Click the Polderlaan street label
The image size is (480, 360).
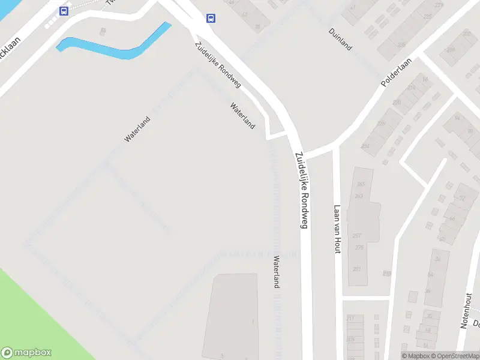click(397, 71)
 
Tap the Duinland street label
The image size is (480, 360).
click(340, 39)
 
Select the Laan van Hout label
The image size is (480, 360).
click(337, 229)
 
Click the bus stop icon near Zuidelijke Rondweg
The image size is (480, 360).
click(211, 19)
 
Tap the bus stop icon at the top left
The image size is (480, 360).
click(64, 11)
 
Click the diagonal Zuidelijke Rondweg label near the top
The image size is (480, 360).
click(217, 65)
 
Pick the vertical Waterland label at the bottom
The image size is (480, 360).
click(277, 272)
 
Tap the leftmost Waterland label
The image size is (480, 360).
click(137, 129)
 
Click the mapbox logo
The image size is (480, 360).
click(26, 353)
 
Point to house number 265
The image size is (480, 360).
click(360, 184)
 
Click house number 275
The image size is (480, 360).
click(359, 248)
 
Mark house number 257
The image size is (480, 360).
click(357, 235)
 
